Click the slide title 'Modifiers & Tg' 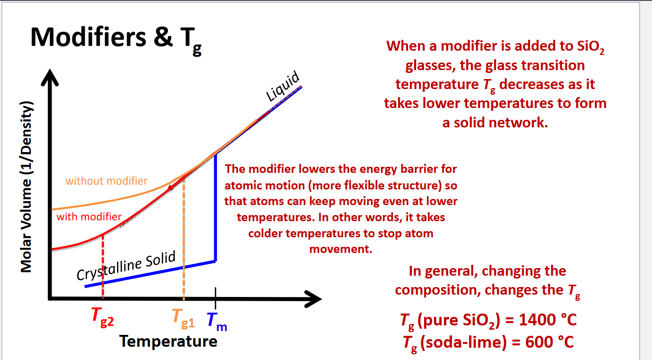(x=117, y=38)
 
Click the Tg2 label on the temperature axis (x=103, y=317)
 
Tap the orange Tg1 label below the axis (x=183, y=317)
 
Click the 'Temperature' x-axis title (x=168, y=341)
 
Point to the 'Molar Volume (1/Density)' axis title (x=27, y=188)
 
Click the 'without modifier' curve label (x=106, y=180)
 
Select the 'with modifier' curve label (x=89, y=217)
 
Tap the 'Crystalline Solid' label (x=126, y=266)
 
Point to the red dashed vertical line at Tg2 (x=103, y=265)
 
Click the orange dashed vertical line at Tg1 (x=183, y=237)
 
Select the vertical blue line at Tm (x=216, y=208)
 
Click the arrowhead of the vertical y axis (x=48, y=78)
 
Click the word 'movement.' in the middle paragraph (x=340, y=248)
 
